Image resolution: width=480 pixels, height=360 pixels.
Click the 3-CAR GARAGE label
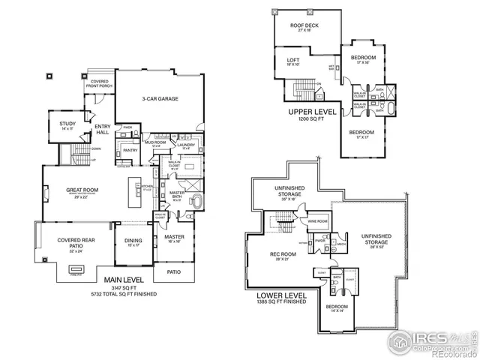click(160, 98)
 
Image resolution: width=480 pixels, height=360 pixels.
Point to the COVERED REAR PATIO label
click(64, 242)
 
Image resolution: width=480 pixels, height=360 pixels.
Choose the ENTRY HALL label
click(102, 129)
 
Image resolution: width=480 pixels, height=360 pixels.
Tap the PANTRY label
click(130, 150)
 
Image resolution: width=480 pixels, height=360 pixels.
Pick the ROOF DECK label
click(304, 26)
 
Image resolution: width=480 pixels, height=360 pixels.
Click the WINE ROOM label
click(318, 221)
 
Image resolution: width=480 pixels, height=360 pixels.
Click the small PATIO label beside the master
click(174, 271)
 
